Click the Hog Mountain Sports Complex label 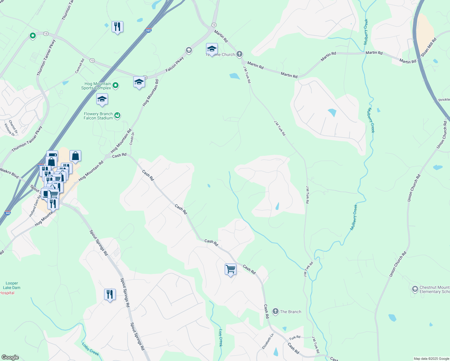coord(96,86)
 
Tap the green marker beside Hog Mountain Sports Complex coord(116,86)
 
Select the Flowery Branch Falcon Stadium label coord(98,116)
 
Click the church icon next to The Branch coord(275,312)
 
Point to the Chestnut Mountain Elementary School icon coord(415,289)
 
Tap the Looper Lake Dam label coord(12,285)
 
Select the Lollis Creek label coord(90,349)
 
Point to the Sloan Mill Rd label coord(429,48)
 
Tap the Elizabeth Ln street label coord(268,341)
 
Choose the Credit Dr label coord(132,139)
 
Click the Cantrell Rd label coord(80,66)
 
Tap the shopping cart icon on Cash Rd coord(230,269)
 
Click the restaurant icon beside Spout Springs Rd coord(110,294)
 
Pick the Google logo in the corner coord(10,357)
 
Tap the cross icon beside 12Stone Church coord(239,54)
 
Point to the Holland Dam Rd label coord(34,206)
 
